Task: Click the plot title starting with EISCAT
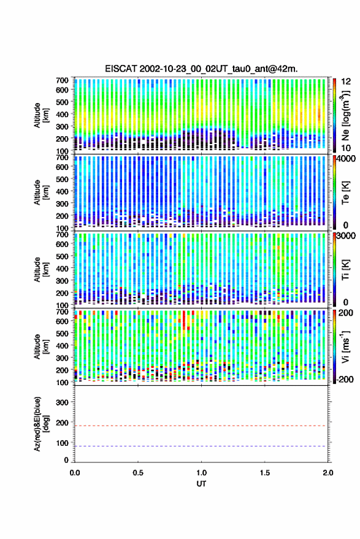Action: (x=202, y=69)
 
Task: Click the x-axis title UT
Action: (x=202, y=484)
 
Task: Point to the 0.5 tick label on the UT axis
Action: (x=138, y=473)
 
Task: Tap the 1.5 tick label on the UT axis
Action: (x=265, y=473)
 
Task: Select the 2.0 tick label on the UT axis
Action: (x=328, y=473)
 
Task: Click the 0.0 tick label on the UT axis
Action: (x=75, y=473)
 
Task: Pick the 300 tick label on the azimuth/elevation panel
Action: (x=62, y=402)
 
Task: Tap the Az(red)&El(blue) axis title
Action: (x=41, y=424)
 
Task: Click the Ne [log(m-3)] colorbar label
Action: (x=345, y=115)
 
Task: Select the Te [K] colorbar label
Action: (x=345, y=193)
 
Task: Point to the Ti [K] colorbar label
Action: (x=345, y=270)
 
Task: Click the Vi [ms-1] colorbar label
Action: (x=345, y=347)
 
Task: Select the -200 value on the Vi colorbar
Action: (x=344, y=380)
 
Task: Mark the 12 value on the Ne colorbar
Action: (x=346, y=82)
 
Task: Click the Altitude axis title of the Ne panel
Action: (x=41, y=115)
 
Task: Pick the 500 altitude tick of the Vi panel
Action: (x=62, y=333)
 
